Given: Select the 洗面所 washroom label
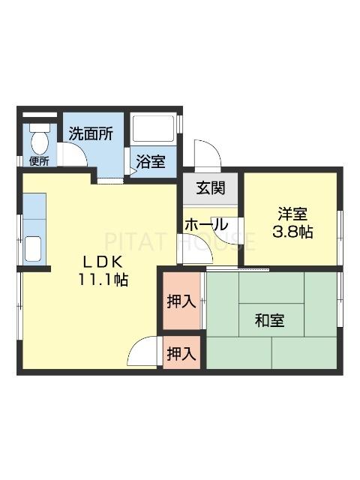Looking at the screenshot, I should click(x=91, y=134).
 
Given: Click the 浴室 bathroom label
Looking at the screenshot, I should click(x=152, y=160).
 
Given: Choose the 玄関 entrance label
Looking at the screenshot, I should click(x=210, y=188).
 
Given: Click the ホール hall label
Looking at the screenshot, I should click(x=206, y=223).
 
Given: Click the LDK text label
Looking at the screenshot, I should click(x=103, y=262).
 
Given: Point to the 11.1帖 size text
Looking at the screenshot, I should click(x=103, y=280).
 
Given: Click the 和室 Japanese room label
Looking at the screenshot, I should click(x=269, y=321).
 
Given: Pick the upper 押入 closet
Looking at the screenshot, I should click(x=181, y=301).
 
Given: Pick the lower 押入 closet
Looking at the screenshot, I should click(x=181, y=354).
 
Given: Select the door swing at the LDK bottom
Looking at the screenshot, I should click(x=146, y=351).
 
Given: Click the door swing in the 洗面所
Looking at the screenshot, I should click(x=74, y=154).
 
